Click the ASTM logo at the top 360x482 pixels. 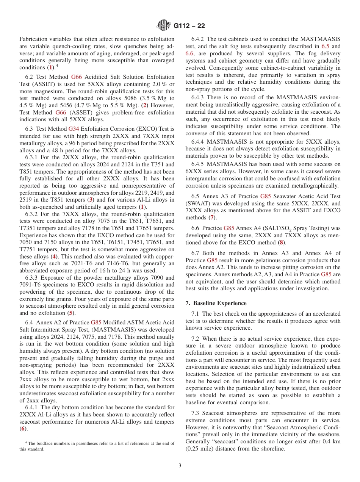[164, 25]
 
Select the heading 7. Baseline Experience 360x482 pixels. [216, 303]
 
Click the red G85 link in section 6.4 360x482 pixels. [96, 322]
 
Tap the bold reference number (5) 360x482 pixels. [70, 313]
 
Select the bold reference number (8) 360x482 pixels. [281, 242]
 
